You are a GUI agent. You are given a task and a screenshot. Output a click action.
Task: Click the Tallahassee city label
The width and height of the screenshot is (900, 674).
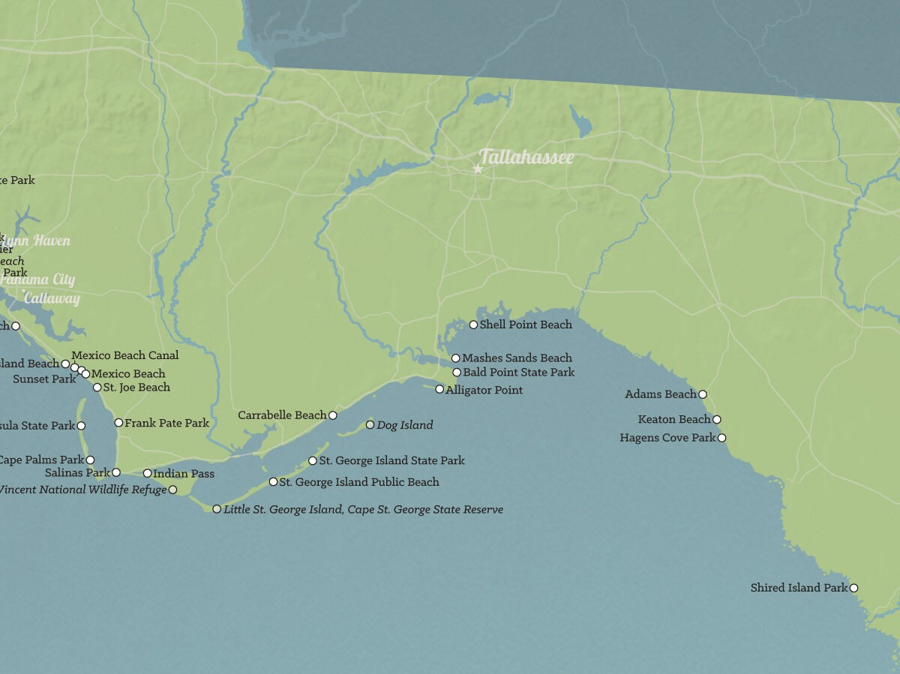pyautogui.click(x=526, y=157)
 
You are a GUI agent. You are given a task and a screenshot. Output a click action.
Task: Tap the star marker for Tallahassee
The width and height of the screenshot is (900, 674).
pyautogui.click(x=478, y=169)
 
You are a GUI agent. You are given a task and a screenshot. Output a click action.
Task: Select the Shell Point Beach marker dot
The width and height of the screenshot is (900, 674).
pyautogui.click(x=473, y=325)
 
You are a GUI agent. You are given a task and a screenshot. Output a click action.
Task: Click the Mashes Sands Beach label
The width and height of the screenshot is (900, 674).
pyautogui.click(x=517, y=358)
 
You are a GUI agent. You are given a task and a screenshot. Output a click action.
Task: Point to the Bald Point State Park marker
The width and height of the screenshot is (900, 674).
pyautogui.click(x=457, y=373)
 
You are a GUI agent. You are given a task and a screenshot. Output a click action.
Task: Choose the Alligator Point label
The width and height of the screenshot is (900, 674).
pyautogui.click(x=484, y=391)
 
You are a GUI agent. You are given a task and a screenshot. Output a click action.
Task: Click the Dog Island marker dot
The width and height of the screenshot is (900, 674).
pyautogui.click(x=370, y=425)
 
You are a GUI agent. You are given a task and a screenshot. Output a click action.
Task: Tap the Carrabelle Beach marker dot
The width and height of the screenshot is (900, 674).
pyautogui.click(x=333, y=415)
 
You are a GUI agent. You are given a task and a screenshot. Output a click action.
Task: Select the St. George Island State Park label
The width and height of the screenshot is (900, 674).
pyautogui.click(x=391, y=461)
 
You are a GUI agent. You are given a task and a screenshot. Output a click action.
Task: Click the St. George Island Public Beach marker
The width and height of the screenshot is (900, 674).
pyautogui.click(x=273, y=482)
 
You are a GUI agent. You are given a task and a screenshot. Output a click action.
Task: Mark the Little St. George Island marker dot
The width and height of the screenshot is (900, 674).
pyautogui.click(x=217, y=509)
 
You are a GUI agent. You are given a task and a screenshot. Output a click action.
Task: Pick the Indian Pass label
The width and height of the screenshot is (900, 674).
pyautogui.click(x=184, y=474)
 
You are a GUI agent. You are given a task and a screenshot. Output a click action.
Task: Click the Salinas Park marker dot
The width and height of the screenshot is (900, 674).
pyautogui.click(x=115, y=472)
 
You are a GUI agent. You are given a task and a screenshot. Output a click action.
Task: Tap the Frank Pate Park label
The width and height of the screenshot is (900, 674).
pyautogui.click(x=166, y=424)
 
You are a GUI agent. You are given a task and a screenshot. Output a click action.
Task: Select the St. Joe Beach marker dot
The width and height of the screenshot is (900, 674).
pyautogui.click(x=97, y=388)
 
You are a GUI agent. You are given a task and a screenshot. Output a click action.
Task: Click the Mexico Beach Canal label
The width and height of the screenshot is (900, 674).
pyautogui.click(x=125, y=355)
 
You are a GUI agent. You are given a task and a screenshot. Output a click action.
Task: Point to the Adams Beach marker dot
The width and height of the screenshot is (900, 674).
pyautogui.click(x=702, y=394)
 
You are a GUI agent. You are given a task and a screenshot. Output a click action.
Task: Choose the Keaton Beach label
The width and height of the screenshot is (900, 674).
pyautogui.click(x=673, y=420)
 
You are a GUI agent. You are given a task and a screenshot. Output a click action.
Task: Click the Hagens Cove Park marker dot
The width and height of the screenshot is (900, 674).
pyautogui.click(x=721, y=438)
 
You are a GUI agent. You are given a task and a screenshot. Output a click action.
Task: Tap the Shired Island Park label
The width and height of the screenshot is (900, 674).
pyautogui.click(x=799, y=589)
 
